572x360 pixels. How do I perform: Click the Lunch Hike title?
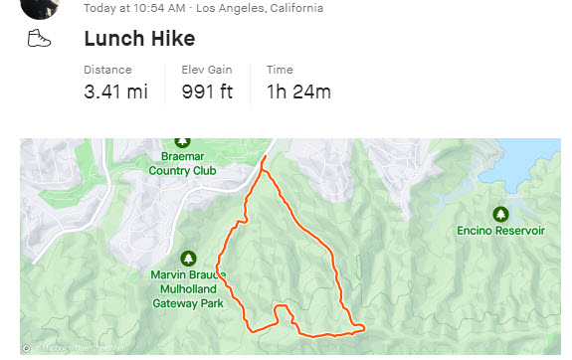tap(139, 39)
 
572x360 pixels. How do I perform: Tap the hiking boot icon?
tap(39, 39)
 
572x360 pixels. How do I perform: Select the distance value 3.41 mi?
tap(115, 92)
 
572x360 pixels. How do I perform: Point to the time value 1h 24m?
tap(298, 92)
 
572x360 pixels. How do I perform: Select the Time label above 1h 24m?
tap(280, 70)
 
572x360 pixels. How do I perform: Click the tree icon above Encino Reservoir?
tap(500, 213)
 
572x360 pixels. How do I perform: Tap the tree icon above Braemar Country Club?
tap(182, 142)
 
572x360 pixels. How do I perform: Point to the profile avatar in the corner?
tap(39, 6)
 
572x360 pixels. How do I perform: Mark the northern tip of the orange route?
tap(266, 158)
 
